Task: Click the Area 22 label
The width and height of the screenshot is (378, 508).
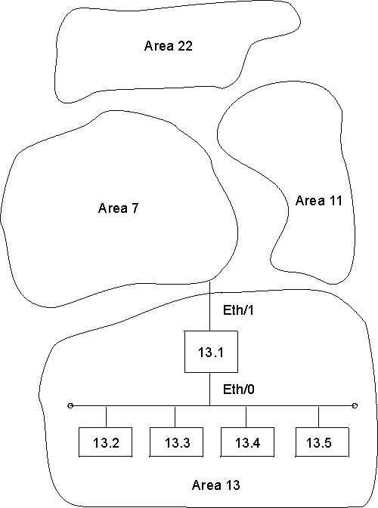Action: coord(169,46)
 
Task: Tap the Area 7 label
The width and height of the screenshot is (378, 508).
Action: coord(118,208)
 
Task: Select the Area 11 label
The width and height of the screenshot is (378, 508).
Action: coord(318,201)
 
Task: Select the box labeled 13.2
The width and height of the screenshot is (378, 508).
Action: coord(106,443)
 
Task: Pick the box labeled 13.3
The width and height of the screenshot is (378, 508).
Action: coord(175,443)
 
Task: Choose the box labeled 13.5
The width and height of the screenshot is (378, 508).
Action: coord(319,443)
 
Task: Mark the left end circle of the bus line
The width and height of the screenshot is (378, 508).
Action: coord(70,407)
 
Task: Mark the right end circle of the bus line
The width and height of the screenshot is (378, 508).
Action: coord(355,407)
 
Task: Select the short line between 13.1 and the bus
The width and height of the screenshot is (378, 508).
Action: coord(209,389)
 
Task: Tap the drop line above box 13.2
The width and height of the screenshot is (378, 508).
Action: coord(106,417)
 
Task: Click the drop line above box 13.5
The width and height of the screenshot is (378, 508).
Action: coord(319,417)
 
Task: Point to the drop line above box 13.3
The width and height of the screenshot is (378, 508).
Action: coord(175,417)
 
